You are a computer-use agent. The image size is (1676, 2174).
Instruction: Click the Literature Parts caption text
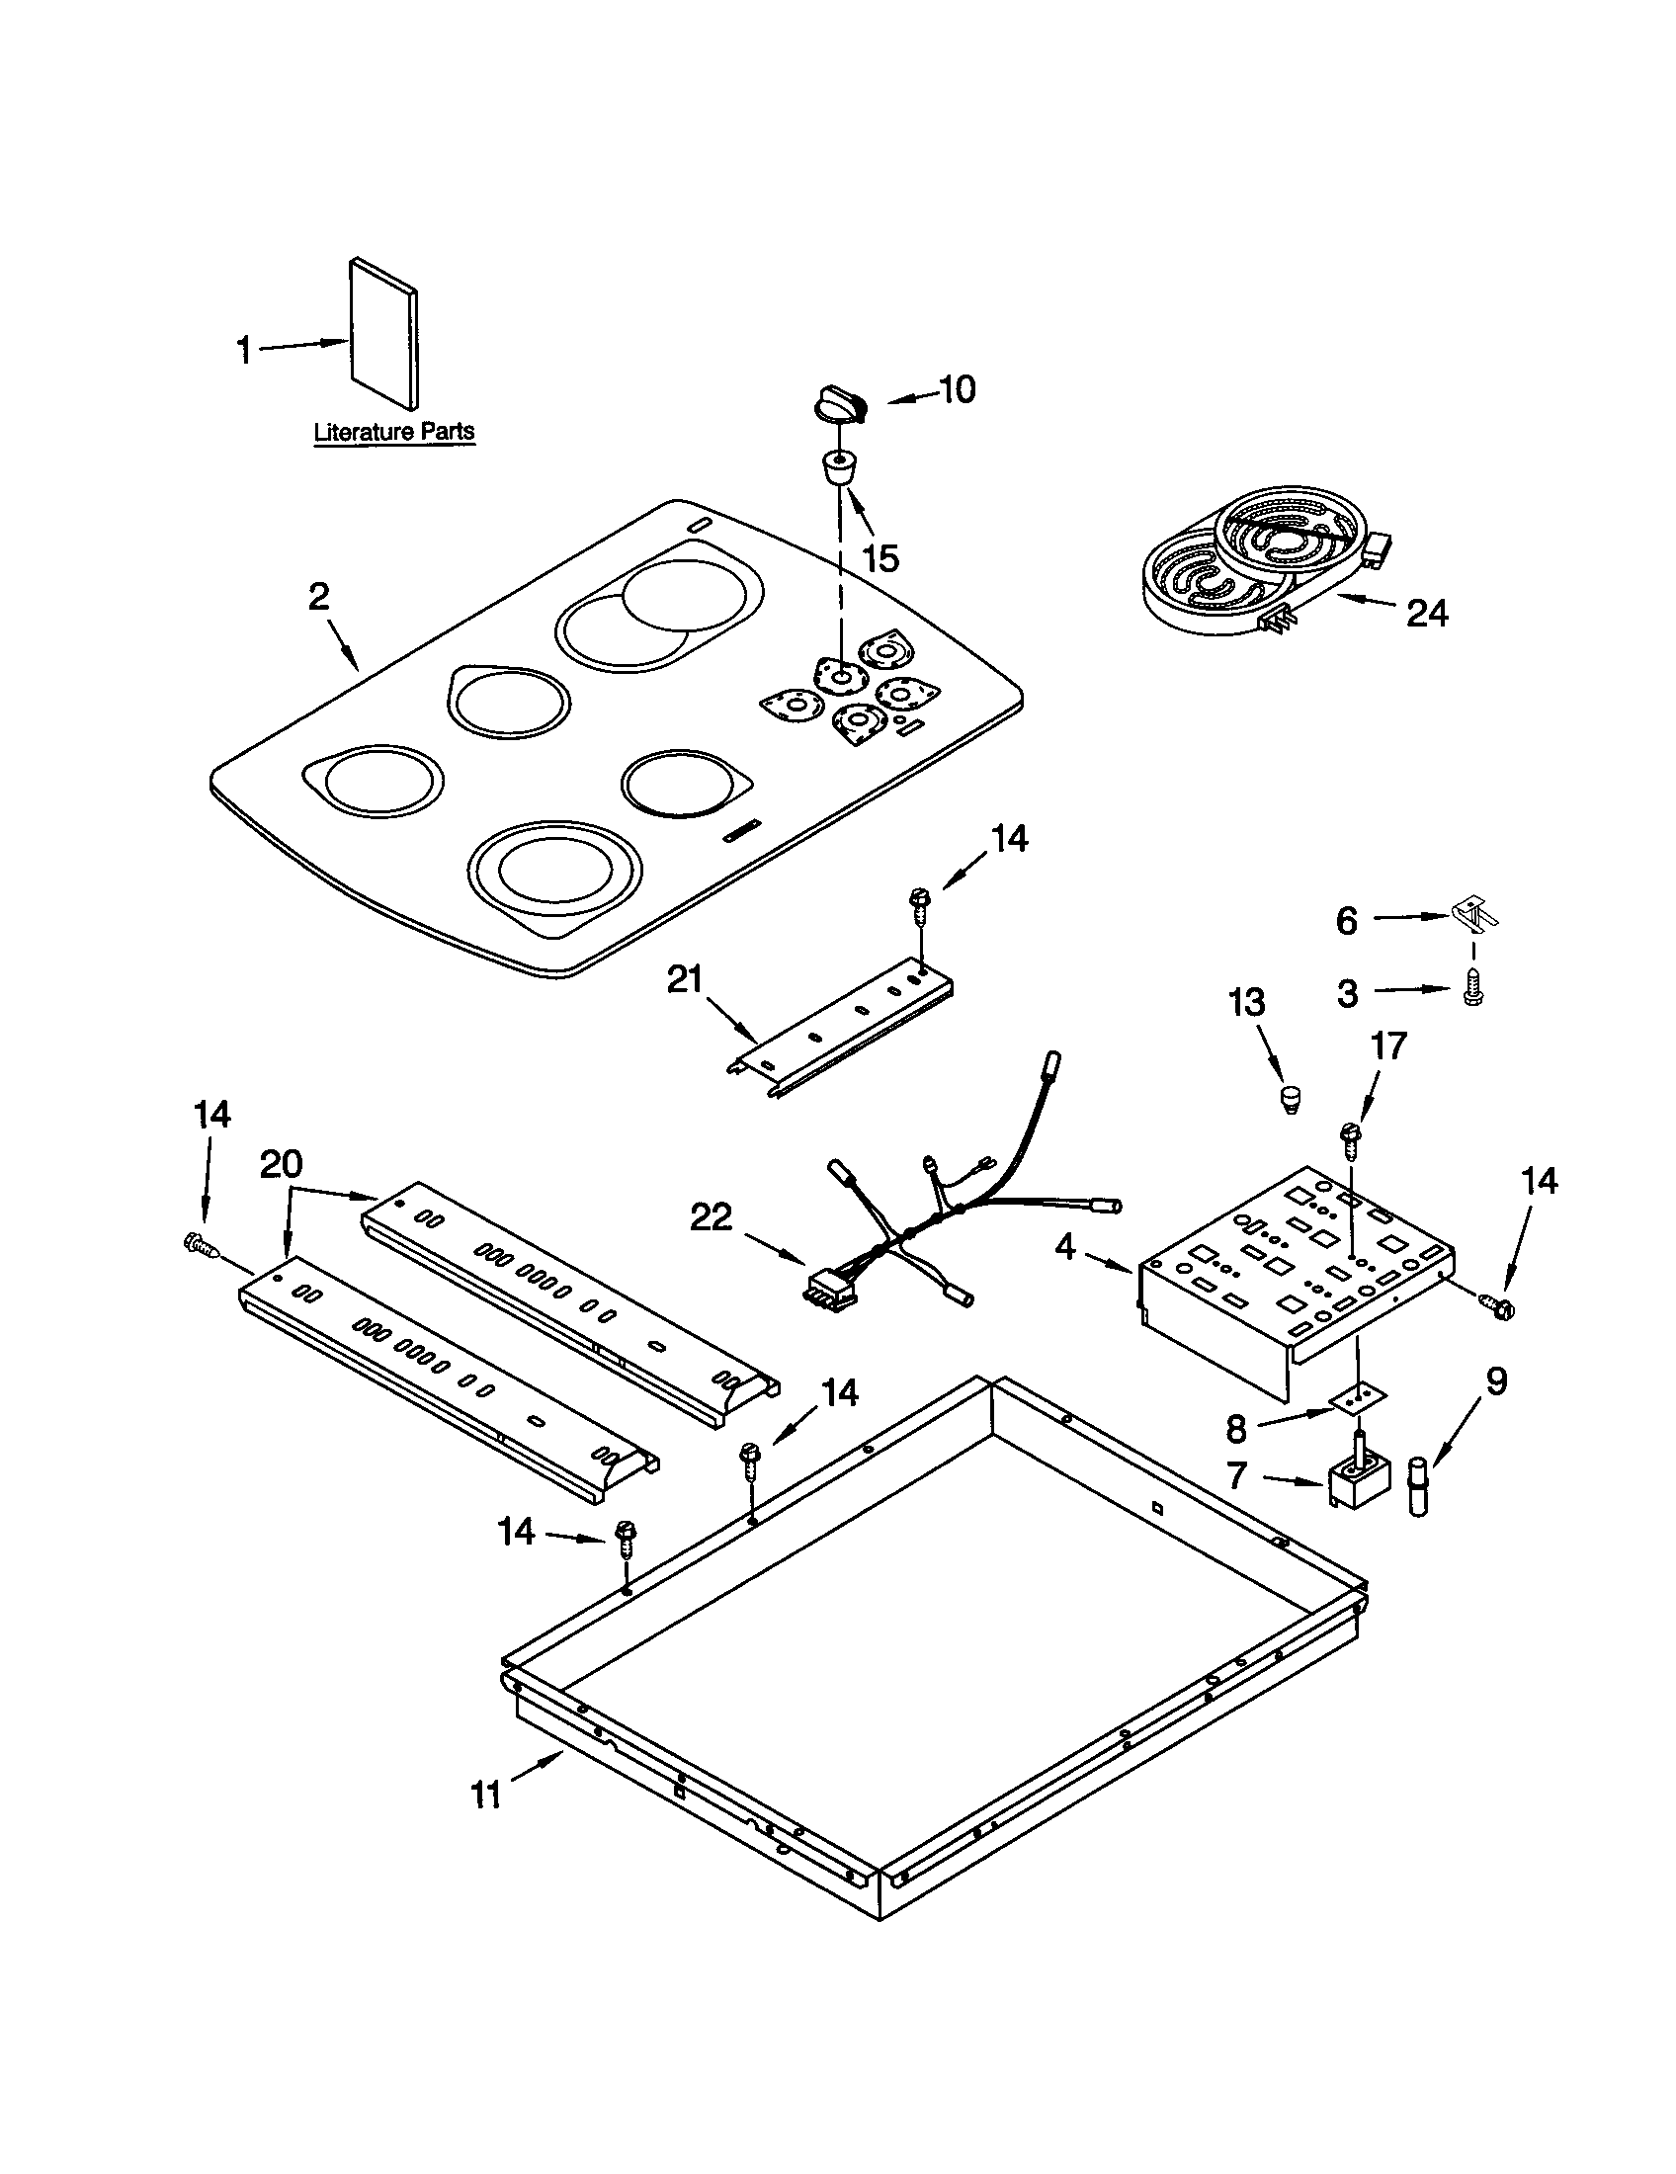(x=394, y=432)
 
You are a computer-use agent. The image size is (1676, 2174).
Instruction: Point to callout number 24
(x=1426, y=615)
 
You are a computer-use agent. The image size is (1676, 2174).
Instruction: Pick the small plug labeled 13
(x=1290, y=1099)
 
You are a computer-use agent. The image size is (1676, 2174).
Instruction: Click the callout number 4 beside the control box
(x=1065, y=1245)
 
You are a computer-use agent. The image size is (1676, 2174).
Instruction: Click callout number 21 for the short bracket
(x=685, y=980)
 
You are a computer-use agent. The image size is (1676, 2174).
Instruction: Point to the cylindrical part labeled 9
(x=1416, y=1485)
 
